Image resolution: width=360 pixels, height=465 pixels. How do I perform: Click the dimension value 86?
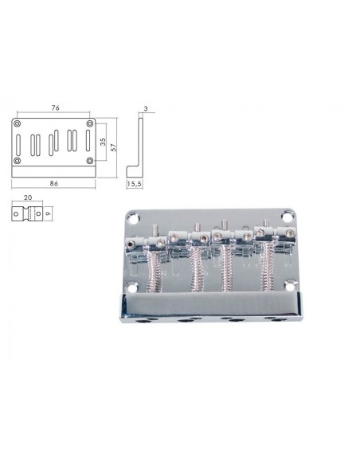tap(54, 183)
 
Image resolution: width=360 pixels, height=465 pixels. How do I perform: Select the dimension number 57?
tap(114, 147)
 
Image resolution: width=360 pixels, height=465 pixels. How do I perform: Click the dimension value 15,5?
tap(135, 184)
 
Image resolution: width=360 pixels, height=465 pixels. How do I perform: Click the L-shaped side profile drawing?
tap(137, 151)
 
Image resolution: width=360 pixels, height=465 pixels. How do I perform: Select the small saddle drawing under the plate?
tap(28, 213)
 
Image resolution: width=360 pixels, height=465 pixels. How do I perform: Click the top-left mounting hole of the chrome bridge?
tap(134, 216)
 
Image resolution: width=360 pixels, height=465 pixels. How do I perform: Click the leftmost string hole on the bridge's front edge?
tap(146, 321)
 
